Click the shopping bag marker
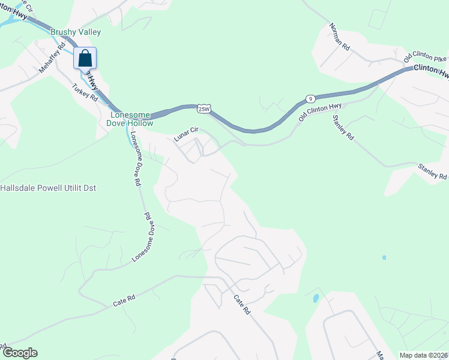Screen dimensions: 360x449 pos(85,58)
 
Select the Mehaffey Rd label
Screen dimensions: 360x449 pos(52,58)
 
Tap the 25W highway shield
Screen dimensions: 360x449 pos(205,109)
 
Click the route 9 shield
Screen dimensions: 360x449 pos(310,98)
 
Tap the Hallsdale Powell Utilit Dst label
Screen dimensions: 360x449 pos(48,188)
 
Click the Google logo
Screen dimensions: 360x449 pos(19,353)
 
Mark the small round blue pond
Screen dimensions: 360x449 pos(384,257)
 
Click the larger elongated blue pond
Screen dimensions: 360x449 pos(316,298)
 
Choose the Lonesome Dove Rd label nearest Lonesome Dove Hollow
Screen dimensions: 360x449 pos(135,157)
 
